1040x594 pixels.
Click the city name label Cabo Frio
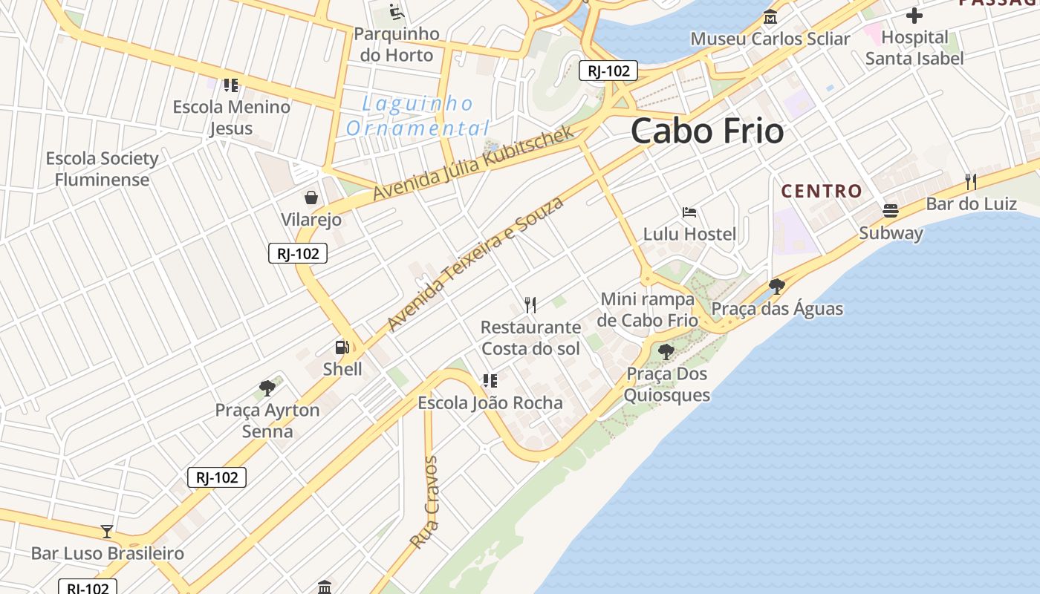click(707, 131)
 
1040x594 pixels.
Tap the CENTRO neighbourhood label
click(822, 191)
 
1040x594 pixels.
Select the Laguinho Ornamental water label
click(418, 116)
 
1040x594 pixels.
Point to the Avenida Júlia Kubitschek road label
click(474, 163)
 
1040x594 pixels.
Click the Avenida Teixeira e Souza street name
click(475, 264)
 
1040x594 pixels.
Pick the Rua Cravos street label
click(424, 503)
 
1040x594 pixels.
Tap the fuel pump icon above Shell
click(342, 347)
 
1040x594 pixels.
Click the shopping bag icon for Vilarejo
click(311, 198)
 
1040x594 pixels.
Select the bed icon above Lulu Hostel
click(689, 212)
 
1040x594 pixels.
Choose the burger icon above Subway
click(891, 210)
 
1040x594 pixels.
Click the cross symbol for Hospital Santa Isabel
click(914, 15)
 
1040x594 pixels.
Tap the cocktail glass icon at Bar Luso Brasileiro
click(107, 531)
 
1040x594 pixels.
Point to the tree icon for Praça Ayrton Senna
click(267, 387)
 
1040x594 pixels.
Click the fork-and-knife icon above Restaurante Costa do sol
click(530, 304)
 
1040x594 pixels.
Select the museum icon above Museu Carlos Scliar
click(770, 16)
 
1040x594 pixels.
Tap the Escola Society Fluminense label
click(103, 169)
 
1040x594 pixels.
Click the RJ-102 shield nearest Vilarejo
click(298, 254)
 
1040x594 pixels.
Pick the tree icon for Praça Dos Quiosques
click(666, 351)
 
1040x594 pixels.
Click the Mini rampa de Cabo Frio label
click(648, 310)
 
